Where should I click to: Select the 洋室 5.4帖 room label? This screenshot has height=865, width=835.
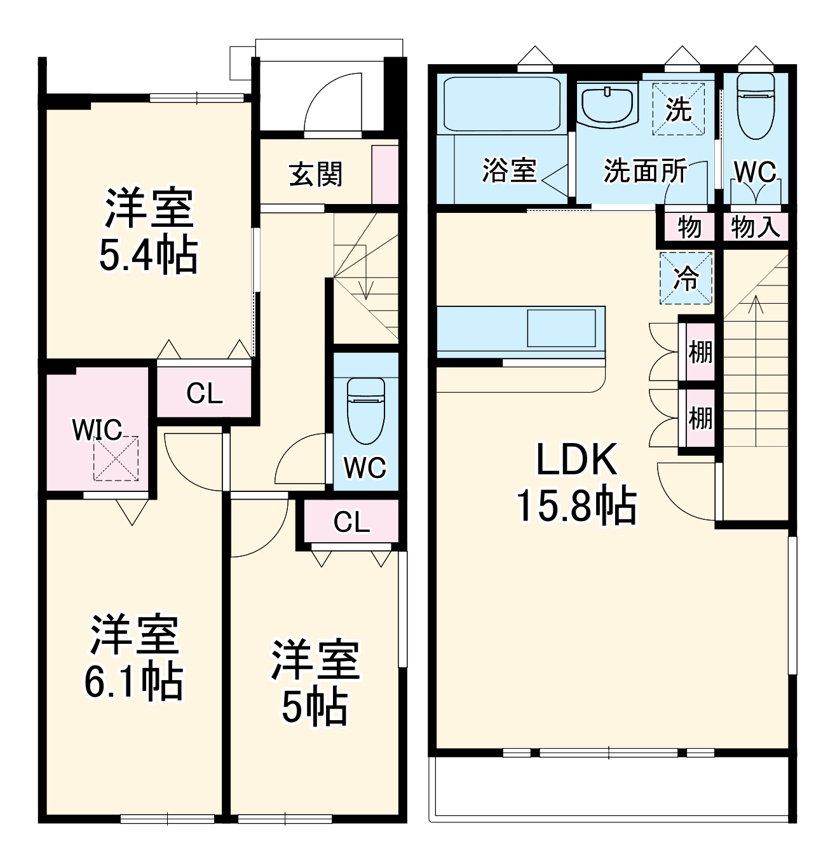tap(149, 232)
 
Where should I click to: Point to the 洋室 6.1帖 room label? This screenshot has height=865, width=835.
tap(134, 658)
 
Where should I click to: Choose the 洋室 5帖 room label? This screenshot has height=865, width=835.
tap(315, 683)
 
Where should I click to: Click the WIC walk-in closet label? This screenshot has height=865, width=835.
tap(97, 430)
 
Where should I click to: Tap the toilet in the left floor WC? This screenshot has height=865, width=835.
tap(366, 410)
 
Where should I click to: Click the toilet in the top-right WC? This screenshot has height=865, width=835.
tap(756, 105)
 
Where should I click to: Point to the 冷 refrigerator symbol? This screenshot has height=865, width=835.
tap(686, 278)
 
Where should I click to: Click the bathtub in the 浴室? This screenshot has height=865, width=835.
tap(501, 104)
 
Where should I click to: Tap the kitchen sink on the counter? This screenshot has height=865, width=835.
tap(561, 328)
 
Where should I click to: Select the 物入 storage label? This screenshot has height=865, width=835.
tap(756, 227)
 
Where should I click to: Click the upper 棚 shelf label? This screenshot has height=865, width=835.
tap(700, 351)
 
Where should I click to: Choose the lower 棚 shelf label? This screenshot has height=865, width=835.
tap(700, 418)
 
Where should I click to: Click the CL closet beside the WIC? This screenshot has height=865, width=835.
tap(205, 393)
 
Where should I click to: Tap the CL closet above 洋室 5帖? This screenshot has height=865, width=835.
tap(351, 522)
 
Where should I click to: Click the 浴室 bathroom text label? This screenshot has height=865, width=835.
tap(509, 170)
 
